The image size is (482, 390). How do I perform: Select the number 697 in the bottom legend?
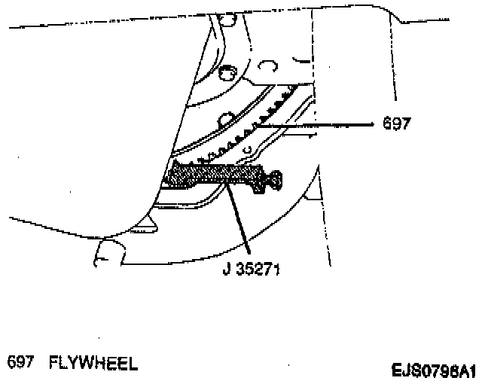click(20, 363)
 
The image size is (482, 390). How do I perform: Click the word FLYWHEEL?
click(93, 363)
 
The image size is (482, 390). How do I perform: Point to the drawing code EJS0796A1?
click(433, 370)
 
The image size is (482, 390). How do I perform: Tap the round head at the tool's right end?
click(276, 179)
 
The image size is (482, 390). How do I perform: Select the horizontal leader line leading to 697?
click(324, 126)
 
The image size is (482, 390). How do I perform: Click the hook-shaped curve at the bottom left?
click(102, 252)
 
